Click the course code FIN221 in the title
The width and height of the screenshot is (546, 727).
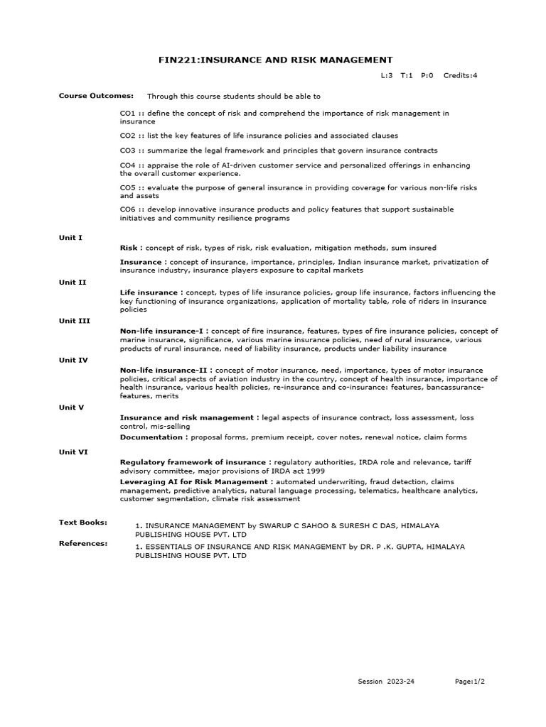pos(176,60)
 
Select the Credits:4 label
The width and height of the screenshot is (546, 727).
pos(460,75)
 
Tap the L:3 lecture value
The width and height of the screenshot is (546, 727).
pos(387,75)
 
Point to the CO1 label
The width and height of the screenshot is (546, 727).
pos(127,114)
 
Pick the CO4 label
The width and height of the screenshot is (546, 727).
pos(127,165)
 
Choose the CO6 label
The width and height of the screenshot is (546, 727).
pos(127,209)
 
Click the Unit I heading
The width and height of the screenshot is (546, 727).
pos(70,238)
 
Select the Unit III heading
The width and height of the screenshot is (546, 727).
pos(74,321)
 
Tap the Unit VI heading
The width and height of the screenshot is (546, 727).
pos(73,452)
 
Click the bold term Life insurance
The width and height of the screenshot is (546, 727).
pos(149,293)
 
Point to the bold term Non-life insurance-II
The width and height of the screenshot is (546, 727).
pos(165,371)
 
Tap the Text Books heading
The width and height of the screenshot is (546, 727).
pos(82,523)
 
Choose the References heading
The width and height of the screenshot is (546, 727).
pos(82,543)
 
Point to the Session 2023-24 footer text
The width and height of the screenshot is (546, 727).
pos(385,682)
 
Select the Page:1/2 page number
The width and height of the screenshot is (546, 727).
pos(470,682)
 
